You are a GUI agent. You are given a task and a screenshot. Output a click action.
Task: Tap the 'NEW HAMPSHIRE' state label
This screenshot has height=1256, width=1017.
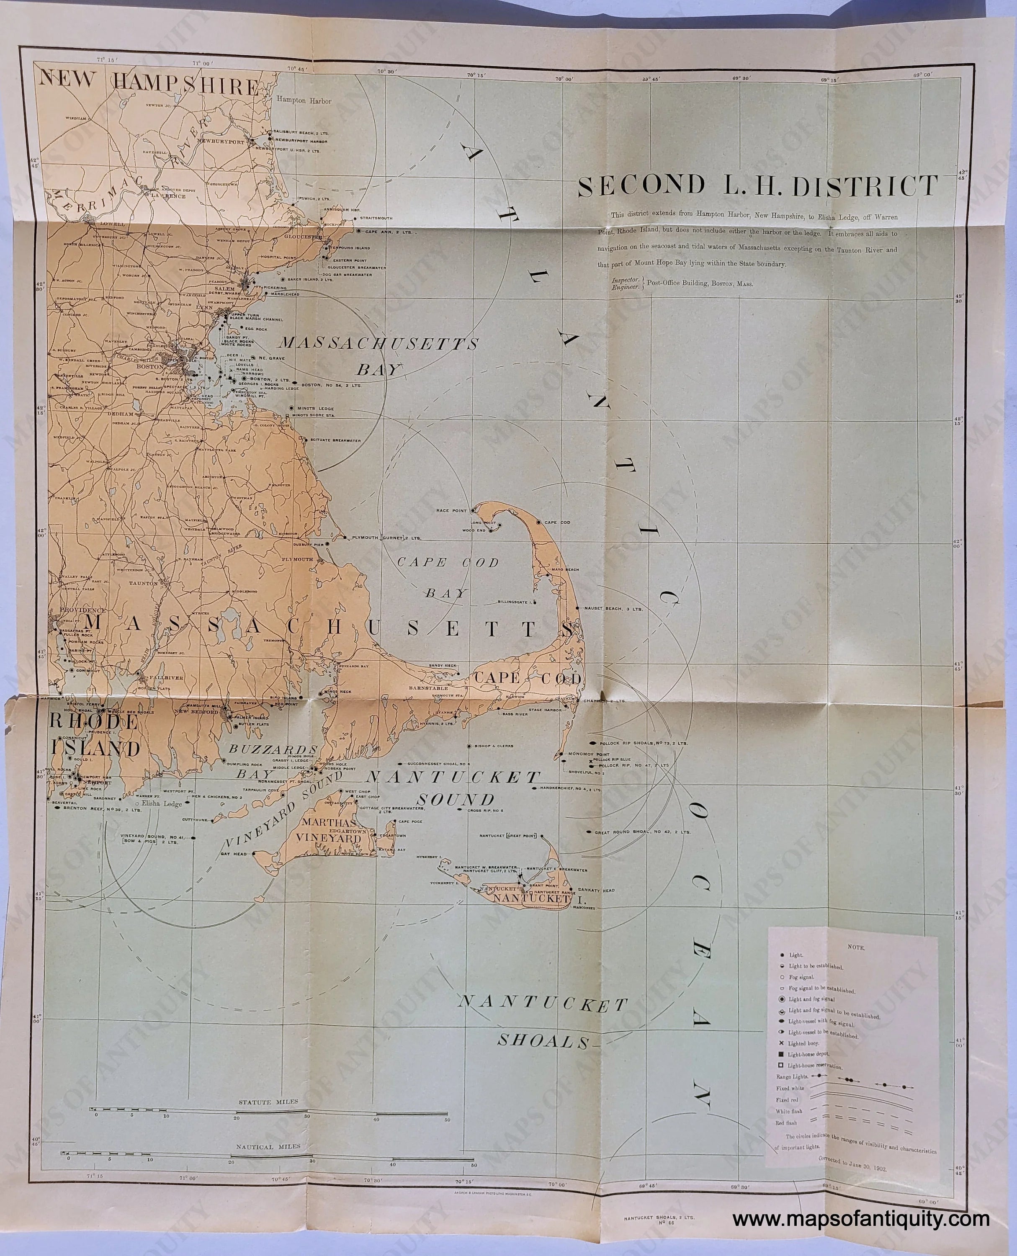(x=148, y=85)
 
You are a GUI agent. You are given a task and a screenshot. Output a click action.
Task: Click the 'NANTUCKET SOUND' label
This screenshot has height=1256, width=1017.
(x=453, y=788)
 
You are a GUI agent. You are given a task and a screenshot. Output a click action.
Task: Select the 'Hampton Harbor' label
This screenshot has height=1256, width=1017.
(x=304, y=100)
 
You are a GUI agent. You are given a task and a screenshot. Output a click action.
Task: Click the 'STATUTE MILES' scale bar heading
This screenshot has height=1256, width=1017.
(x=268, y=1102)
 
